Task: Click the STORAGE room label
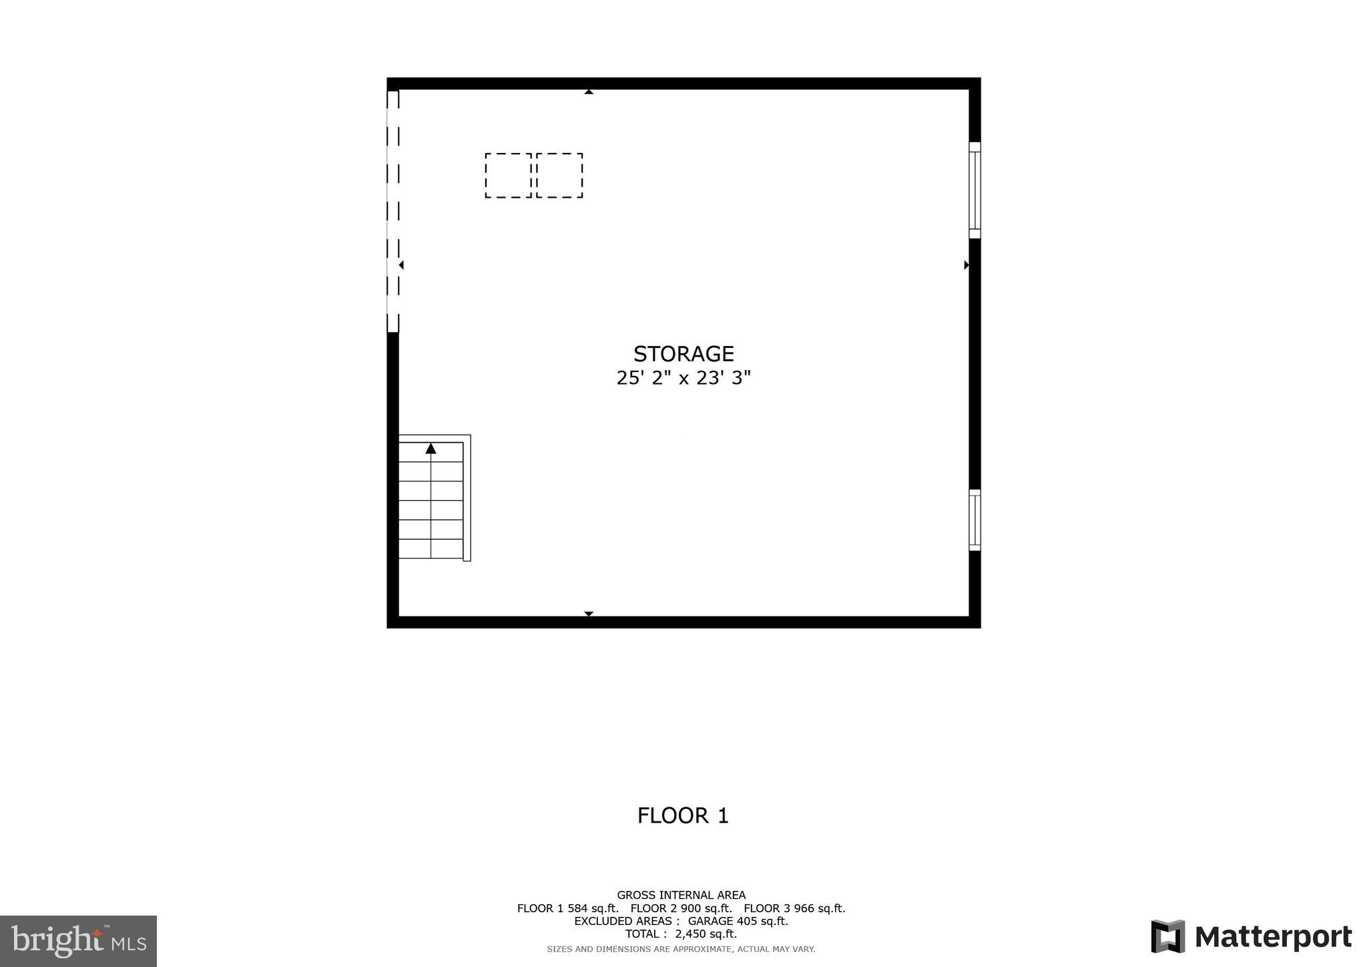683,353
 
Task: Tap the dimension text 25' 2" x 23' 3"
683,378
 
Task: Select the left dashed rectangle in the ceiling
508,175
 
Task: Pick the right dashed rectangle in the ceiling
559,175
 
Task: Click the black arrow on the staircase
431,449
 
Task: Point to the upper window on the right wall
975,190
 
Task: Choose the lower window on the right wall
975,520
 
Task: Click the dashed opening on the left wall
392,211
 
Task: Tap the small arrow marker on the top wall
589,91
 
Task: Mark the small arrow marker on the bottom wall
589,614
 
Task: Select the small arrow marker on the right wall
966,265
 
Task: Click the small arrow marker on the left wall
401,265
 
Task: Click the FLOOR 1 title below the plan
683,815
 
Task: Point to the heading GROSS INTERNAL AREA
681,895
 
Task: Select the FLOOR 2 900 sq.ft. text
681,908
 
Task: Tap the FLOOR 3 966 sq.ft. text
794,908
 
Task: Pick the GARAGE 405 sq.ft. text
738,921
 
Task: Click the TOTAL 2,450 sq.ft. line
681,934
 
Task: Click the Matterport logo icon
1167,936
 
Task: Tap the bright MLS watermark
78,941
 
